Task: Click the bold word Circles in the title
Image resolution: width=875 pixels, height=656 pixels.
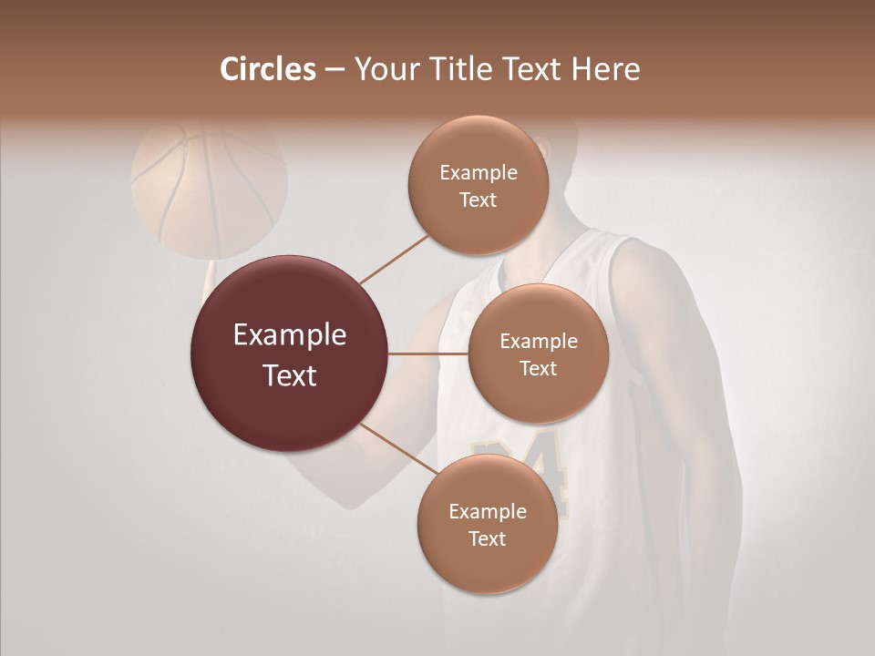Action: (x=268, y=68)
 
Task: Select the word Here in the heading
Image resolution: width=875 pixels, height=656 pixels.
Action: (x=606, y=68)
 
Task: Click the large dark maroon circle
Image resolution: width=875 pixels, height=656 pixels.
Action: (x=290, y=354)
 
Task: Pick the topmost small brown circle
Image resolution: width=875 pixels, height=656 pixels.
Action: (x=478, y=185)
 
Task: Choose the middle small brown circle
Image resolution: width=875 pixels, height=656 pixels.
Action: (x=538, y=354)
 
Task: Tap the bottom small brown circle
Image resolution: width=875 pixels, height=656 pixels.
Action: (x=487, y=524)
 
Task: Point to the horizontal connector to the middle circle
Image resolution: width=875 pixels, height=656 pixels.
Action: (x=428, y=354)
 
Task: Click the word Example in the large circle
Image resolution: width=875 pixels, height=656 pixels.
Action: (x=290, y=335)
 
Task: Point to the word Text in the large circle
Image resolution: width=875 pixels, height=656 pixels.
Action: (x=290, y=375)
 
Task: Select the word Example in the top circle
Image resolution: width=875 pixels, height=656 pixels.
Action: (x=479, y=173)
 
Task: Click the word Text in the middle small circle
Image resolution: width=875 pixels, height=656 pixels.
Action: (x=538, y=368)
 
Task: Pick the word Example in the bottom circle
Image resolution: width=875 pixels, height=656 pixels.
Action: (x=488, y=512)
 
